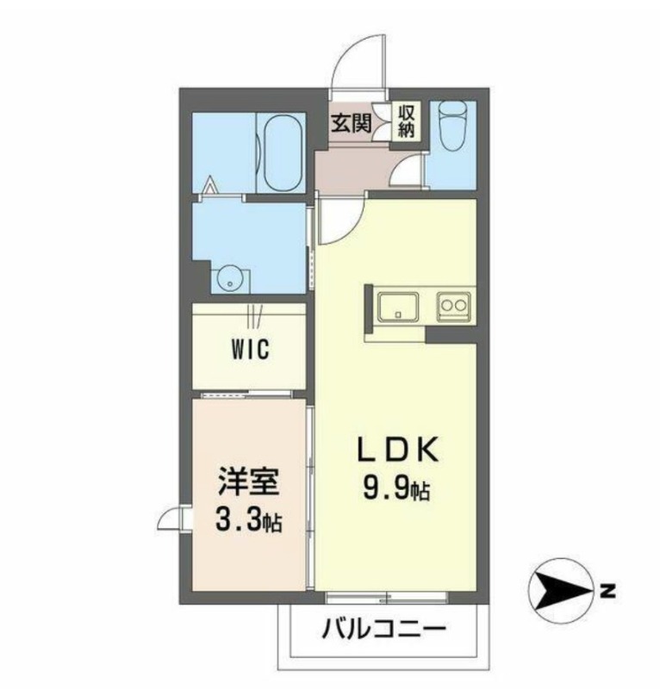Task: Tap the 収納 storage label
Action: [406, 121]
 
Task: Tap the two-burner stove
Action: [453, 305]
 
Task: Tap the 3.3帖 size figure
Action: [250, 519]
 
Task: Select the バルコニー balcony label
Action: [385, 630]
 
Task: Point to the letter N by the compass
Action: [608, 592]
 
